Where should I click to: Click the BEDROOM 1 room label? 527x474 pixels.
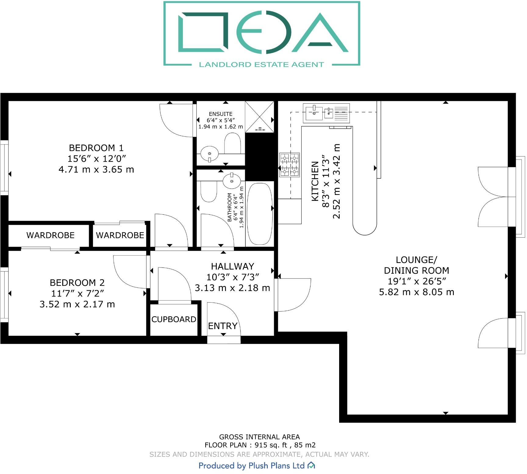96,148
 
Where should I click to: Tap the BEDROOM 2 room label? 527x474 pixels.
77,283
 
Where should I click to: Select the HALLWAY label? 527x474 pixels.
232,267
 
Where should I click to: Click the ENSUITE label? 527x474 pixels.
220,114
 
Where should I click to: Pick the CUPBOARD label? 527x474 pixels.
174,319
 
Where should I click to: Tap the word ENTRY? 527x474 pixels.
223,326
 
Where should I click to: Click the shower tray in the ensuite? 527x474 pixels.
260,117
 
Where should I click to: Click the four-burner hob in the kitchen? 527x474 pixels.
289,165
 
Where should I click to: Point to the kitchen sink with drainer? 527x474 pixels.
326,113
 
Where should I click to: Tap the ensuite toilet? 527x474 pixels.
233,143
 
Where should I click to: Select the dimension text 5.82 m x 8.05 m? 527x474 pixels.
416,292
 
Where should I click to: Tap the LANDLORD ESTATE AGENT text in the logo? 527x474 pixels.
261,65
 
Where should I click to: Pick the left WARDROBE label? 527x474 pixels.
50,235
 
